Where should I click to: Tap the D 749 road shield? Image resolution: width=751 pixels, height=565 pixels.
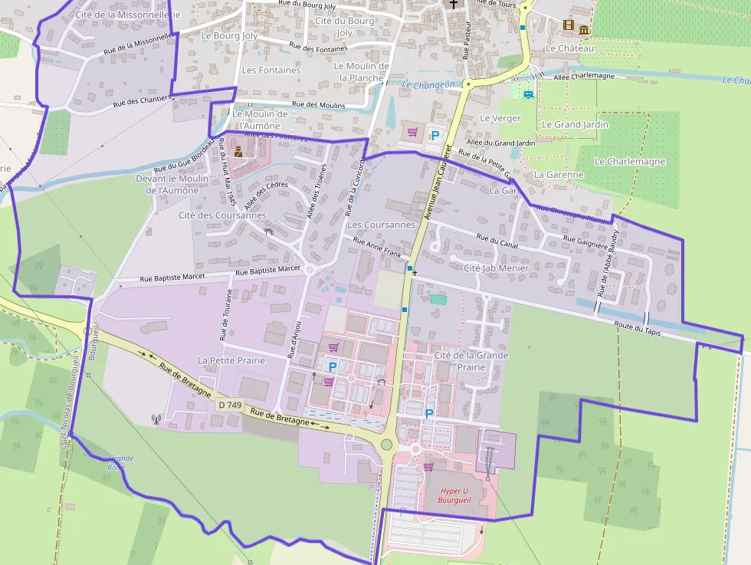point(228,404)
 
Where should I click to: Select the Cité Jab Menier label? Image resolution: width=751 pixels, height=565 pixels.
point(496,268)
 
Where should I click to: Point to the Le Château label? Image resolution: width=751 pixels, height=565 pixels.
point(569,48)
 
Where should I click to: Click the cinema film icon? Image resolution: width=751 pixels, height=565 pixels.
point(568,25)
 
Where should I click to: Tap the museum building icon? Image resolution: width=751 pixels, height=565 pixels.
point(584,30)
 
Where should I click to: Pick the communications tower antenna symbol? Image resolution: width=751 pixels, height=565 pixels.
point(157,419)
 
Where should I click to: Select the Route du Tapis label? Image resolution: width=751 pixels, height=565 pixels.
point(637,327)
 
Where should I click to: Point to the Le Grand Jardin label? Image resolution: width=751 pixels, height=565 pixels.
point(575,124)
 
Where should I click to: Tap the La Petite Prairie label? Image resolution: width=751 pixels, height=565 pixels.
point(231,360)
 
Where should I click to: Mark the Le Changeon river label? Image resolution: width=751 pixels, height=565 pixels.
point(428,85)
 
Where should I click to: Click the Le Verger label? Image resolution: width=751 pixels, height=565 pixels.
point(500,118)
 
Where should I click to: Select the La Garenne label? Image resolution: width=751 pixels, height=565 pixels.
point(559,175)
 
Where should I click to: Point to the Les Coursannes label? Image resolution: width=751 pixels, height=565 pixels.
point(381,225)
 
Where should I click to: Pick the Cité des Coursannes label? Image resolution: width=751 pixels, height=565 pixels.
point(222,215)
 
